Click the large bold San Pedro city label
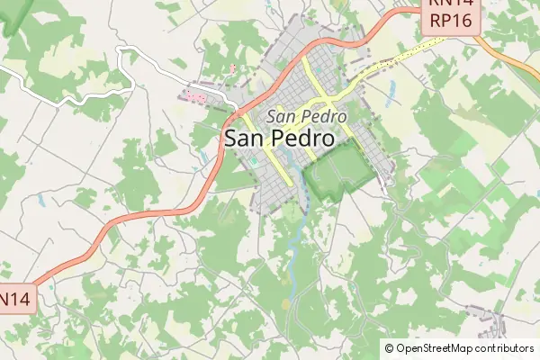point(278,139)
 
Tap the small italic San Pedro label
point(294,116)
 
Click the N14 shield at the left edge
point(16,298)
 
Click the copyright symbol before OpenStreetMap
point(389,348)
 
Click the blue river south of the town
point(292,243)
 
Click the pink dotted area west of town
point(197,95)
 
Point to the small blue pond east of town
point(392,89)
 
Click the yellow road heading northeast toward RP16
point(387,63)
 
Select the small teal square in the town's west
point(255,162)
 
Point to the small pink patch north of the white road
point(234,67)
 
